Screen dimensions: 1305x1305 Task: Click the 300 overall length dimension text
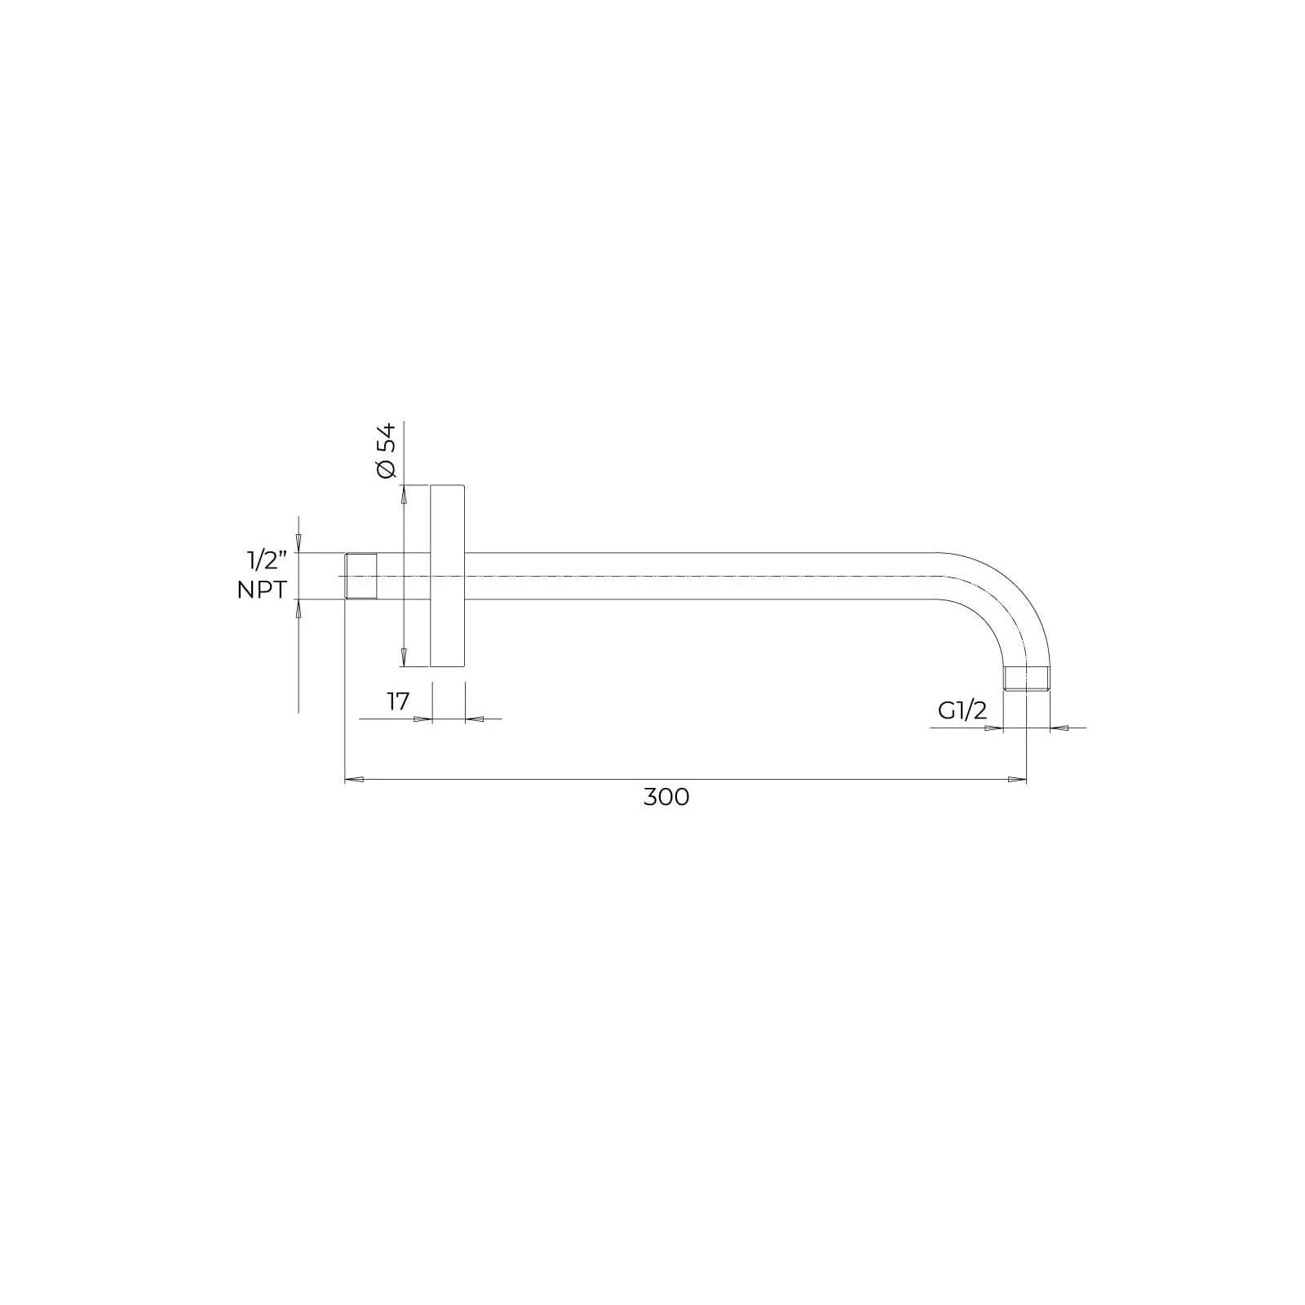666,797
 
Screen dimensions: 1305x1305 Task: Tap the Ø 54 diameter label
386,449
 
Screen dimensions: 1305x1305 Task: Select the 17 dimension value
397,701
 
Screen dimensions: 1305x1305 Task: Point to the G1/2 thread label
962,710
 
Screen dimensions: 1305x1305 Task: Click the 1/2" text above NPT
268,560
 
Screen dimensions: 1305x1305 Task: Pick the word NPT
262,590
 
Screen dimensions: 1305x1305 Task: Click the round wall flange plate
448,576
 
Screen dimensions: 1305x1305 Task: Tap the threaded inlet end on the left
361,576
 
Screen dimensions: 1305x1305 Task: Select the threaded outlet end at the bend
1025,679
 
